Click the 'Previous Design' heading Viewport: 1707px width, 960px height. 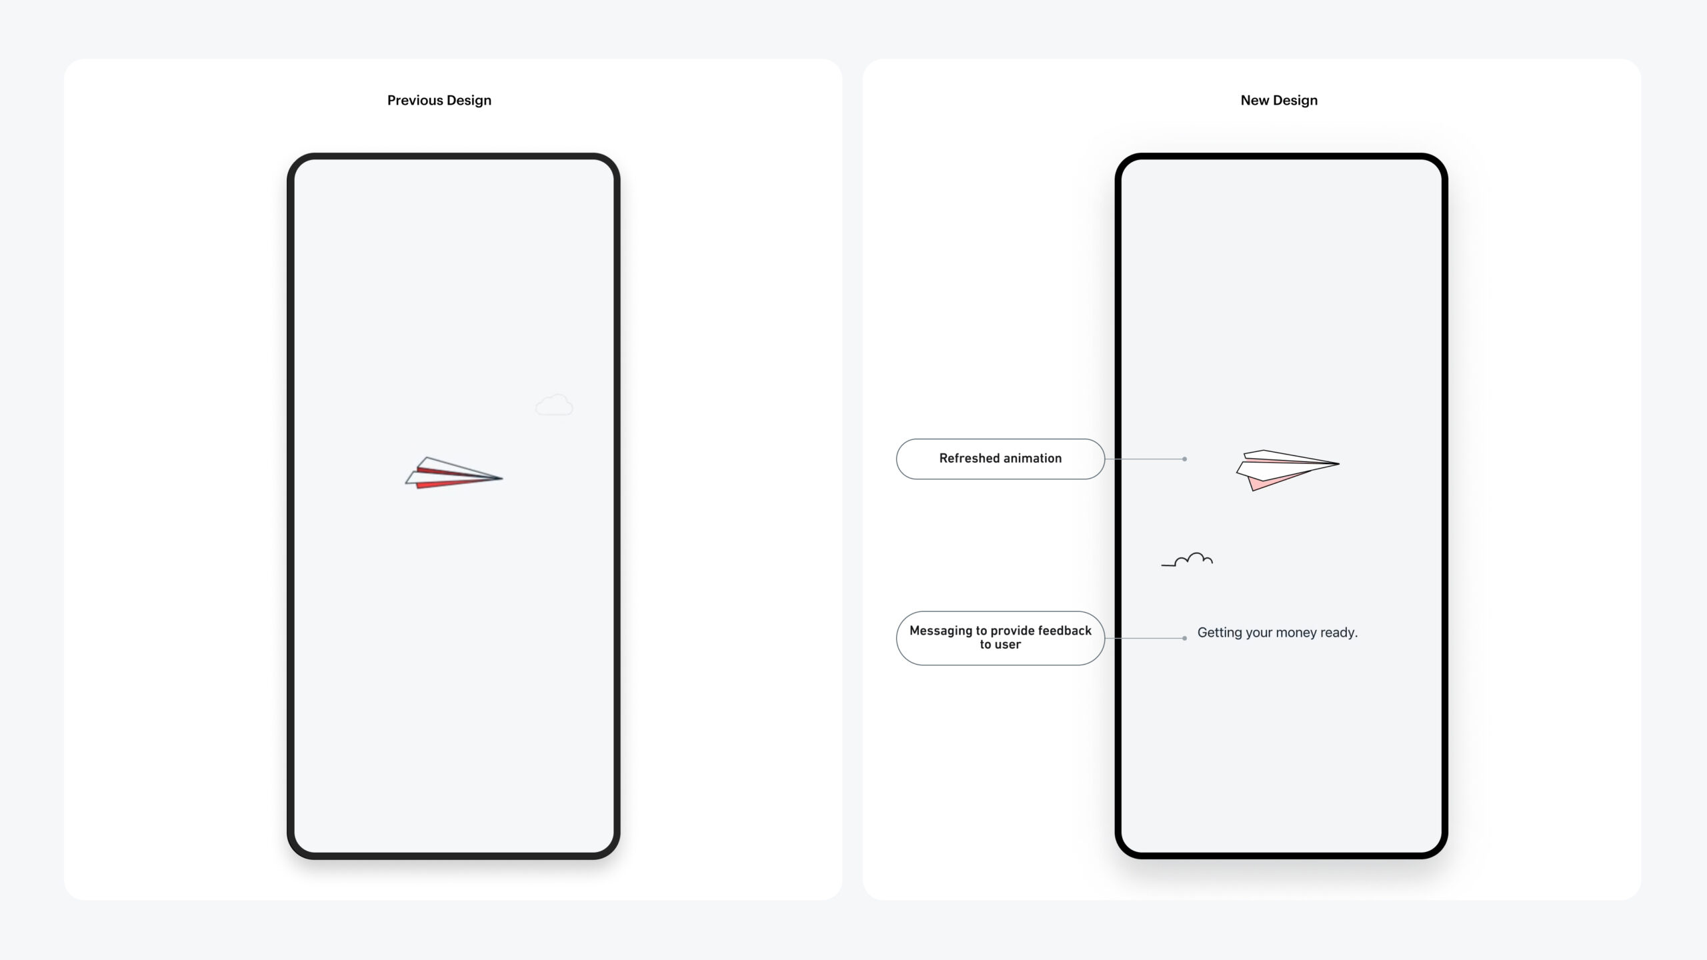click(x=439, y=101)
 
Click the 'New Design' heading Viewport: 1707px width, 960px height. click(x=1279, y=101)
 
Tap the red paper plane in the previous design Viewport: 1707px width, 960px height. click(x=453, y=473)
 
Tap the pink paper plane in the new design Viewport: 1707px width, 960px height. click(x=1287, y=469)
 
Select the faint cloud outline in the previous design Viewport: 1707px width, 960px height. click(x=554, y=405)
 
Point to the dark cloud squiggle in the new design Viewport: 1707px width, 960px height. click(x=1188, y=560)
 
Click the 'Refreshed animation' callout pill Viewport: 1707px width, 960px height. click(x=1000, y=459)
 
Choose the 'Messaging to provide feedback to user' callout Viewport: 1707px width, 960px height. click(x=1000, y=638)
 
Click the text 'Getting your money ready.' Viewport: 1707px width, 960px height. click(x=1278, y=633)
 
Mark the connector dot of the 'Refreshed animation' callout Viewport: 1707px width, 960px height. click(x=1184, y=459)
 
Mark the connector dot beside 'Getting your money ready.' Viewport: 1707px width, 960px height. click(x=1184, y=638)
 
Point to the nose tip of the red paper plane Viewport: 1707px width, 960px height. click(x=502, y=477)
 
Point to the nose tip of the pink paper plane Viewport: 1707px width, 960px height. click(x=1338, y=463)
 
